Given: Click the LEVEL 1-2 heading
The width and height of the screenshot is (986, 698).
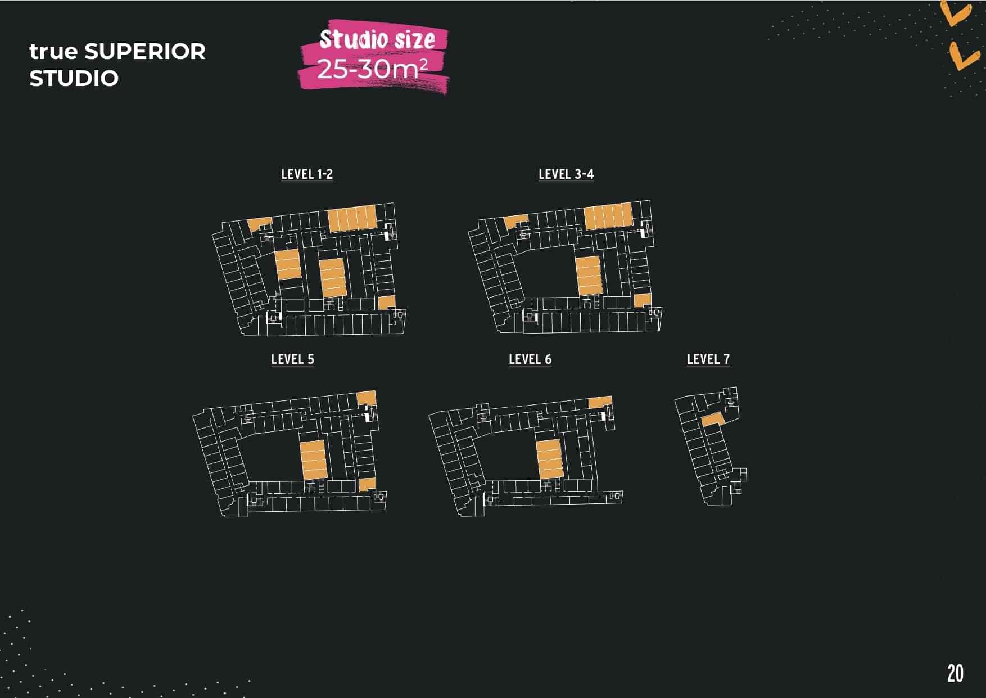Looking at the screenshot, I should [x=307, y=174].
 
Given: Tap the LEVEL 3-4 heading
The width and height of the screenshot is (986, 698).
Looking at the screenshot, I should [x=566, y=174].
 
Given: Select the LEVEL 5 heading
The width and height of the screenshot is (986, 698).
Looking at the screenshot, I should [x=292, y=359].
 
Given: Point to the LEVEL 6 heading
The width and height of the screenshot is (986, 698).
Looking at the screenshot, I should [x=530, y=359].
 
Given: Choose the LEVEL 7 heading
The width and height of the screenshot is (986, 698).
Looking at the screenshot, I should [x=708, y=359].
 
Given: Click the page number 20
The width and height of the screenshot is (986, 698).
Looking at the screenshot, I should [x=955, y=673].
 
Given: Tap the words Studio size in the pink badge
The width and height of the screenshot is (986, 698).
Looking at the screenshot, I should [x=377, y=39].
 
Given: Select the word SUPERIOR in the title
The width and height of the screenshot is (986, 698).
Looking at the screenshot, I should [x=145, y=52].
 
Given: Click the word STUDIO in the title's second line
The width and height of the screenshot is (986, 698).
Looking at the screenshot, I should [x=74, y=79].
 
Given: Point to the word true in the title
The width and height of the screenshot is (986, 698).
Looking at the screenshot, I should [x=53, y=52].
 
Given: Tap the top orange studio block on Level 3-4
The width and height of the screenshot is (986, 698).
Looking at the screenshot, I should [x=608, y=217].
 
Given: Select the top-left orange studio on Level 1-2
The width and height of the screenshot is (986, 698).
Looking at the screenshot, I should [x=259, y=224].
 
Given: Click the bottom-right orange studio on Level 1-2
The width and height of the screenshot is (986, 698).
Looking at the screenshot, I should [x=386, y=303].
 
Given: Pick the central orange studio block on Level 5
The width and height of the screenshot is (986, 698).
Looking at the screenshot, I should [x=313, y=460].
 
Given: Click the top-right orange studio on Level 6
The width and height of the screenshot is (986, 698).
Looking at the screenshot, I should [x=600, y=403].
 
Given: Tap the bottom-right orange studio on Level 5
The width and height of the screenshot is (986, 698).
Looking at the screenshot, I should [x=367, y=484].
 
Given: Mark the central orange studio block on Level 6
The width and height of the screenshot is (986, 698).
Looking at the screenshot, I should [x=549, y=458].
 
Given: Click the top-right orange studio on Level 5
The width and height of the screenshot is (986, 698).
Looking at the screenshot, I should [x=366, y=398].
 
